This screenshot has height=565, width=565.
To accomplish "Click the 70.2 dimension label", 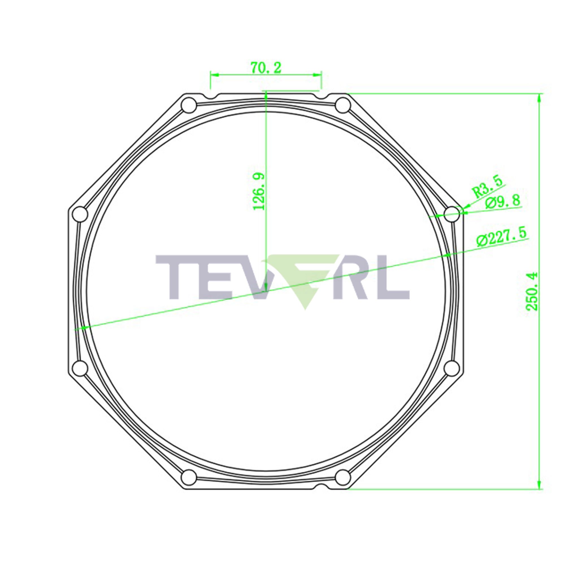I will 266,68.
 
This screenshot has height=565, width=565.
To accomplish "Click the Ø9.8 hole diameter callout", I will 503,202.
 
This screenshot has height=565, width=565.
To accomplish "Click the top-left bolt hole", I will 189,105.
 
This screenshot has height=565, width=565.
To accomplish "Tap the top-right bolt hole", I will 343,105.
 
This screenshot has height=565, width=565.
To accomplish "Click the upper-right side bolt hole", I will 452,214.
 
